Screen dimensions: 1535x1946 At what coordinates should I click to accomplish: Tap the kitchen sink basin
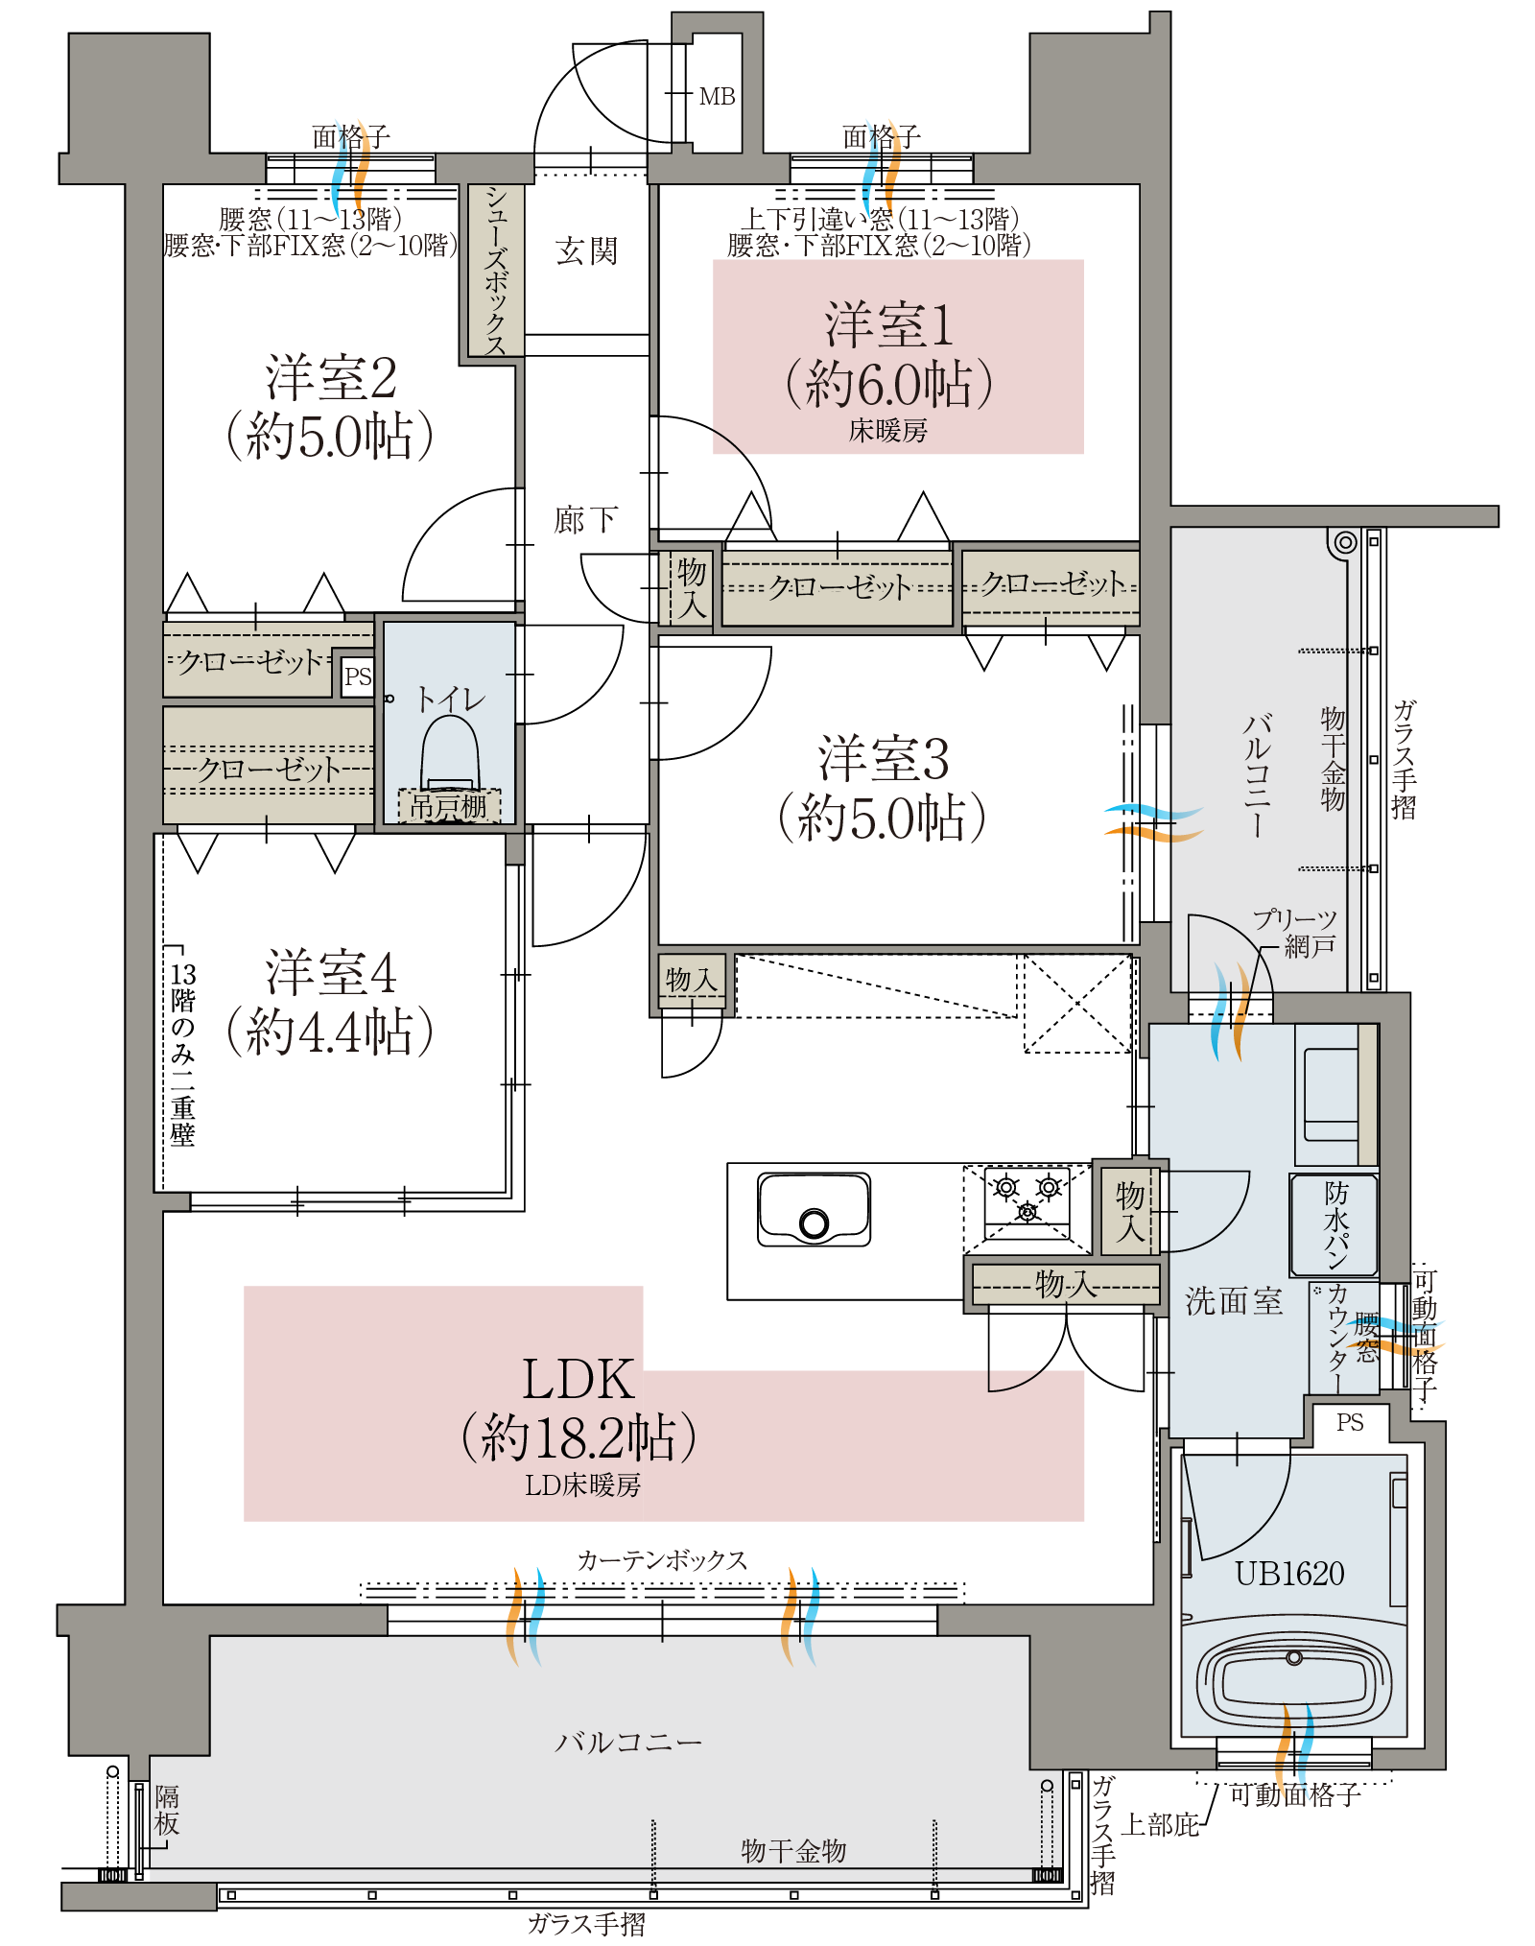coord(814,1209)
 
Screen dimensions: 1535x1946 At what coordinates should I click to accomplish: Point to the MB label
coord(717,97)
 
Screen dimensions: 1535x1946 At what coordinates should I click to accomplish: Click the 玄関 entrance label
coord(586,251)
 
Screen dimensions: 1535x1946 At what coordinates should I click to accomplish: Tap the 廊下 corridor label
coord(585,520)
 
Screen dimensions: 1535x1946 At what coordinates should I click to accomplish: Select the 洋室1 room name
coord(888,325)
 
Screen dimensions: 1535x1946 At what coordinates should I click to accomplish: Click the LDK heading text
coord(579,1380)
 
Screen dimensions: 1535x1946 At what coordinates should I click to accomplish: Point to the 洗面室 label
coord(1234,1301)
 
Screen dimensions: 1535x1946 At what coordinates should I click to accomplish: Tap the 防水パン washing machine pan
coord(1334,1225)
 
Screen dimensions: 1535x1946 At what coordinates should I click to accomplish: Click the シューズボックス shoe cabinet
coord(495,270)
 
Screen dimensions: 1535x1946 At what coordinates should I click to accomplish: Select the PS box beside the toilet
coord(358,676)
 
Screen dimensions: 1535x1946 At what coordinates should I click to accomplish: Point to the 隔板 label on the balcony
coord(167,1810)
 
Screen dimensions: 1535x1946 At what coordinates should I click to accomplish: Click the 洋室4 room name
coord(330,972)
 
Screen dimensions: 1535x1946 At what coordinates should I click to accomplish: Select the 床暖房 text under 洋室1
coord(888,431)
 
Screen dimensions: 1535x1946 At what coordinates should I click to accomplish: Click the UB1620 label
coord(1289,1574)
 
